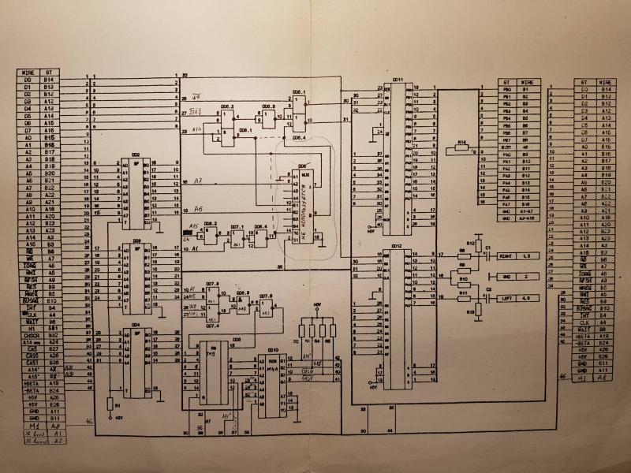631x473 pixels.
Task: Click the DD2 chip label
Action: [x=136, y=155]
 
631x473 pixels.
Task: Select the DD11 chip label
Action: [x=398, y=80]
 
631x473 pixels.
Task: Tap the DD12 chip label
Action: [x=396, y=246]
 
